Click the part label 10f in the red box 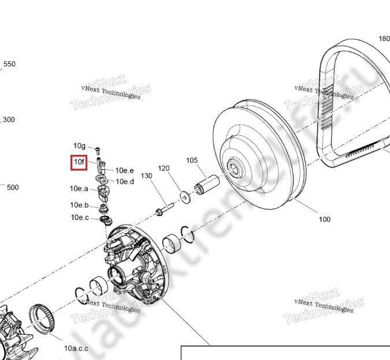pyautogui.click(x=79, y=162)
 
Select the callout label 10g pyautogui.click(x=79, y=146)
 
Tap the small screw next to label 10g pyautogui.click(x=98, y=150)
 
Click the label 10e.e pyautogui.click(x=124, y=170)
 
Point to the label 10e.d pyautogui.click(x=125, y=181)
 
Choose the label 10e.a pyautogui.click(x=79, y=188)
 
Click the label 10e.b pyautogui.click(x=79, y=205)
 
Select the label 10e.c pyautogui.click(x=80, y=217)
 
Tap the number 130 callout pyautogui.click(x=146, y=176)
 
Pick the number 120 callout pyautogui.click(x=164, y=168)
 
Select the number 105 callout pyautogui.click(x=192, y=160)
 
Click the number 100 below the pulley pyautogui.click(x=325, y=219)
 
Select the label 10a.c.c pyautogui.click(x=76, y=348)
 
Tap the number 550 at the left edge pyautogui.click(x=10, y=64)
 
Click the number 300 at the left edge pyautogui.click(x=9, y=120)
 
